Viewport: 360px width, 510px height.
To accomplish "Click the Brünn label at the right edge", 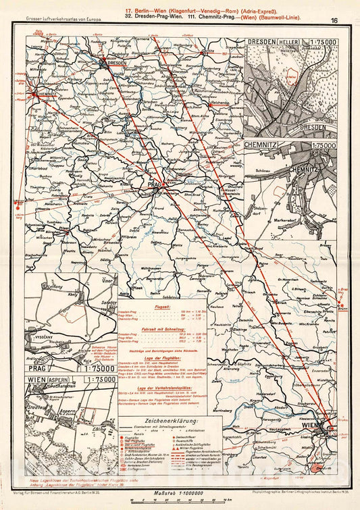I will (x=343, y=306).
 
